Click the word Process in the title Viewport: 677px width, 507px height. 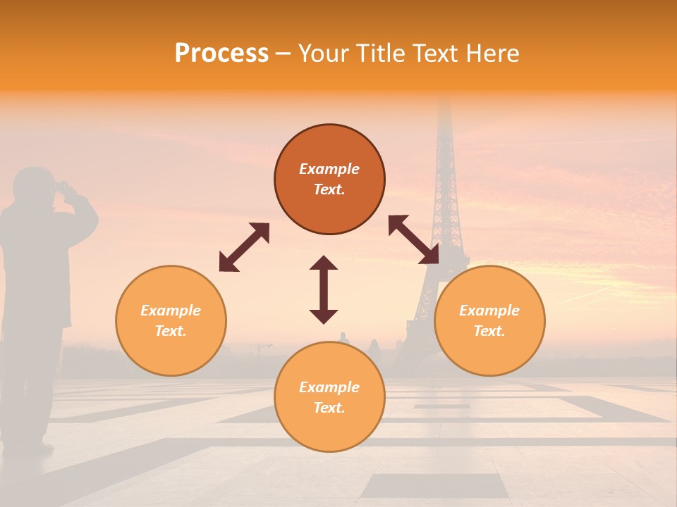tap(221, 54)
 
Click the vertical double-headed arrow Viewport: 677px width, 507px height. tap(324, 289)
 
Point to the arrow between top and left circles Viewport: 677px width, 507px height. tap(244, 246)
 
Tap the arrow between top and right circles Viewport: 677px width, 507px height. tap(414, 240)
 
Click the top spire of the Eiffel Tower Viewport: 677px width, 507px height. tap(444, 102)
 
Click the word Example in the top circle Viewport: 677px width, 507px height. tap(329, 169)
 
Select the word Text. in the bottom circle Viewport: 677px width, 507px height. tap(329, 408)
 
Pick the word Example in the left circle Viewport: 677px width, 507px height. tap(171, 311)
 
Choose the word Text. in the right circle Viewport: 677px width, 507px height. tap(489, 331)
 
